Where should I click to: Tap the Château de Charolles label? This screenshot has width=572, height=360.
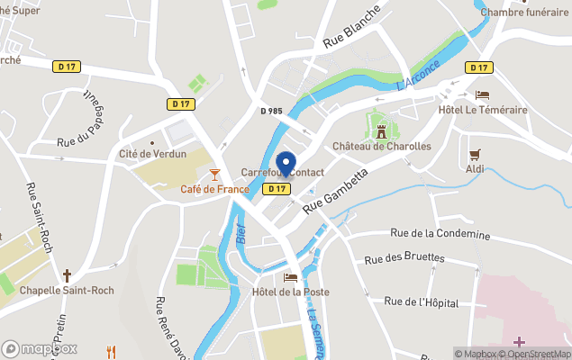[381, 146]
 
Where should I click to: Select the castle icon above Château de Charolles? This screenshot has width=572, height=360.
[381, 130]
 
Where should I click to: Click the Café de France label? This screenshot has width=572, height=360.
[214, 189]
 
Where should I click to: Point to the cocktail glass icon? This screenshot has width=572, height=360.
[214, 174]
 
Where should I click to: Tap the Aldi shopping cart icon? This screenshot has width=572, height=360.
[475, 154]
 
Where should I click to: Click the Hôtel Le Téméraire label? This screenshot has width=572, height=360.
[482, 110]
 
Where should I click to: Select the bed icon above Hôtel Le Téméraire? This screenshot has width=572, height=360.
[482, 95]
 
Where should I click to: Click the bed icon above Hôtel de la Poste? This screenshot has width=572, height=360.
[290, 277]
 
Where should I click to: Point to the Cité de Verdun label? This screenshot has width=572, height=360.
[152, 154]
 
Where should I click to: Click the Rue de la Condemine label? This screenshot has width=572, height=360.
[440, 234]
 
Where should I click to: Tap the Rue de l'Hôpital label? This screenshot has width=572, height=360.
[421, 302]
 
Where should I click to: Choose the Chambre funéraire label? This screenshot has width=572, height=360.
[526, 12]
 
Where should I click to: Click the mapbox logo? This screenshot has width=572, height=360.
[40, 348]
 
